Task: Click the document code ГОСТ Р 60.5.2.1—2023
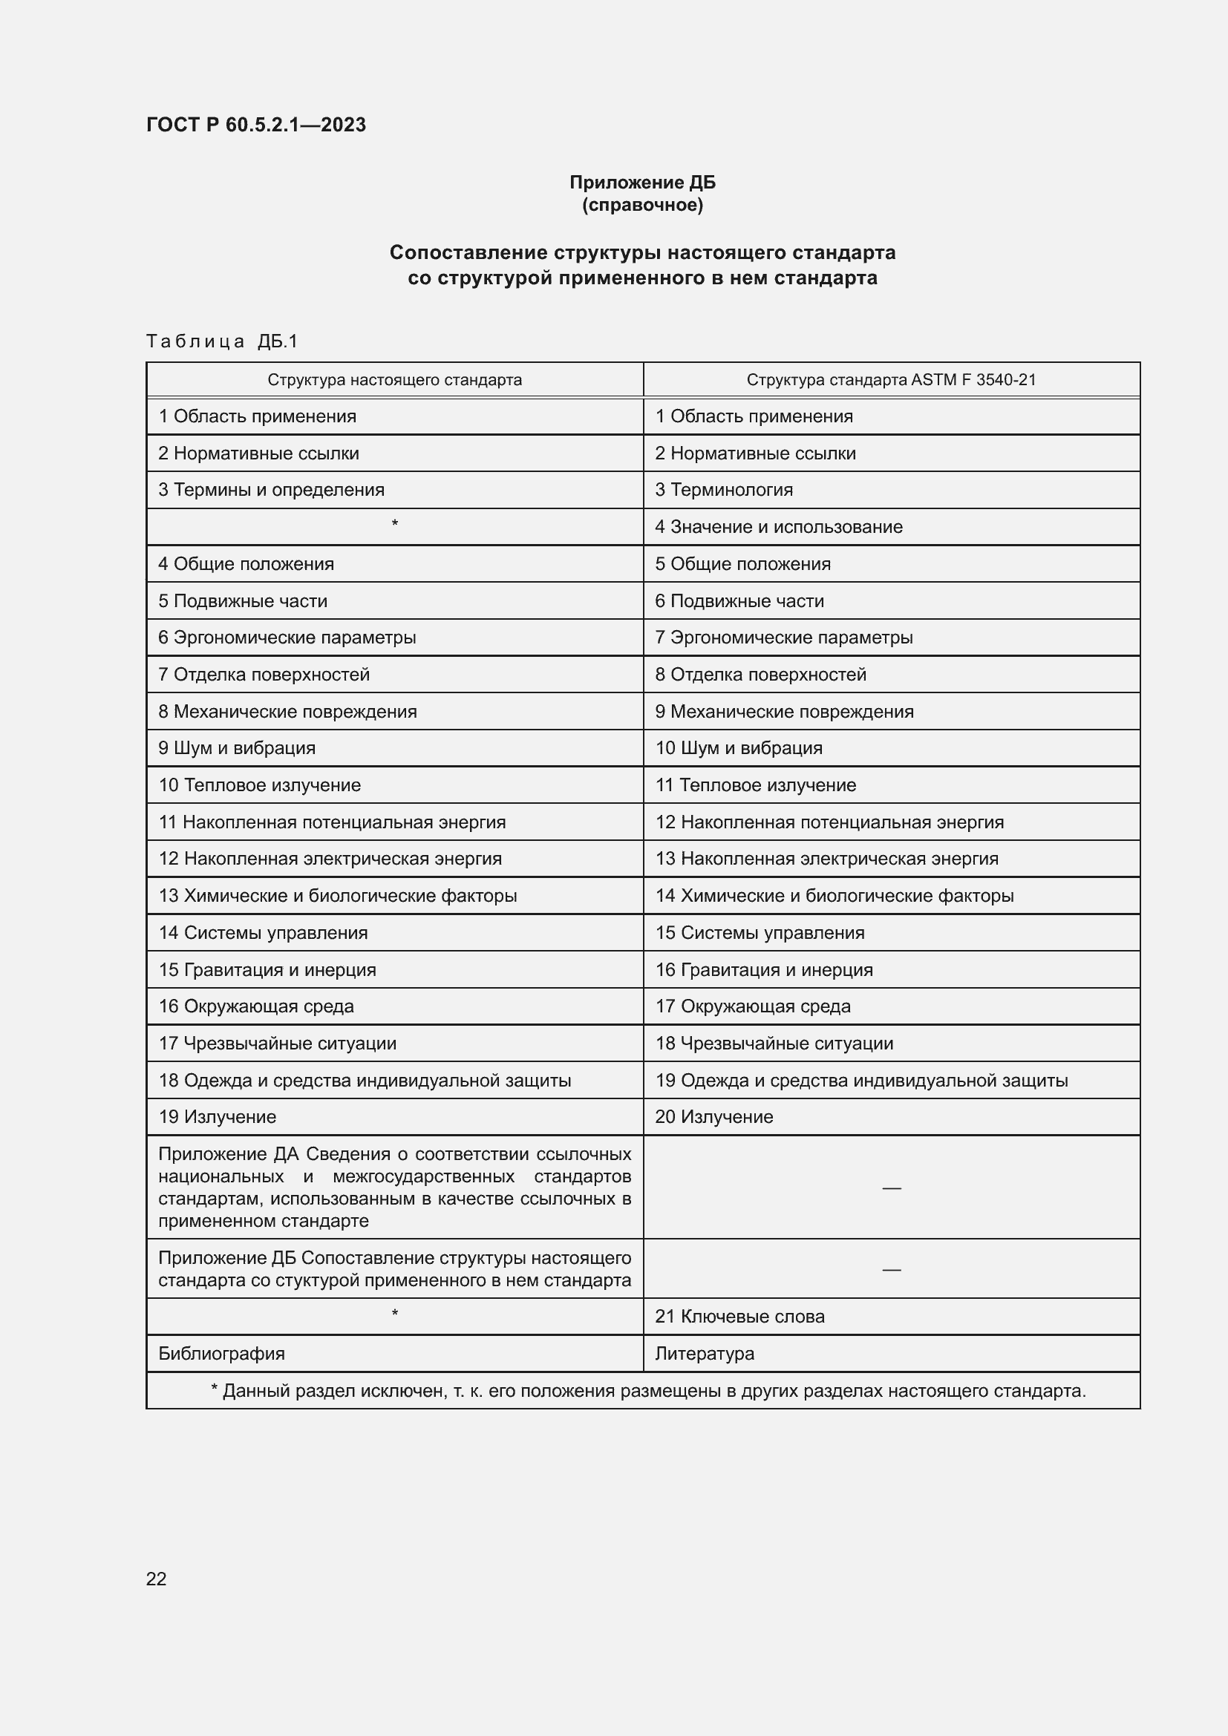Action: pos(255,125)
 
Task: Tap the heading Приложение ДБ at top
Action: pos(642,183)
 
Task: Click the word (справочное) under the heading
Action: pos(642,205)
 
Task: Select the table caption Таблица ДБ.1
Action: pos(221,341)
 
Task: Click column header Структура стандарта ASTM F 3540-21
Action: pos(891,379)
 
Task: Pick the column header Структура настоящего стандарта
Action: pos(394,379)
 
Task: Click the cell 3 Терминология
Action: pos(724,490)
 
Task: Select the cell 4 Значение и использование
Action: pos(778,527)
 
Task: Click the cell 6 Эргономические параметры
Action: pos(287,638)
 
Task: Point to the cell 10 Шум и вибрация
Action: pos(738,748)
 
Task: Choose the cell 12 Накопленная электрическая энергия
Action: pos(330,859)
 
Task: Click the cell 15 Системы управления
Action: pos(760,933)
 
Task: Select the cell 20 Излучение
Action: pos(713,1117)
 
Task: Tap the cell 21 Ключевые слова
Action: pos(739,1317)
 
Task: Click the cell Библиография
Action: pos(221,1354)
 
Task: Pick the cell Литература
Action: pos(704,1354)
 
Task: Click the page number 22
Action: pos(156,1579)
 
